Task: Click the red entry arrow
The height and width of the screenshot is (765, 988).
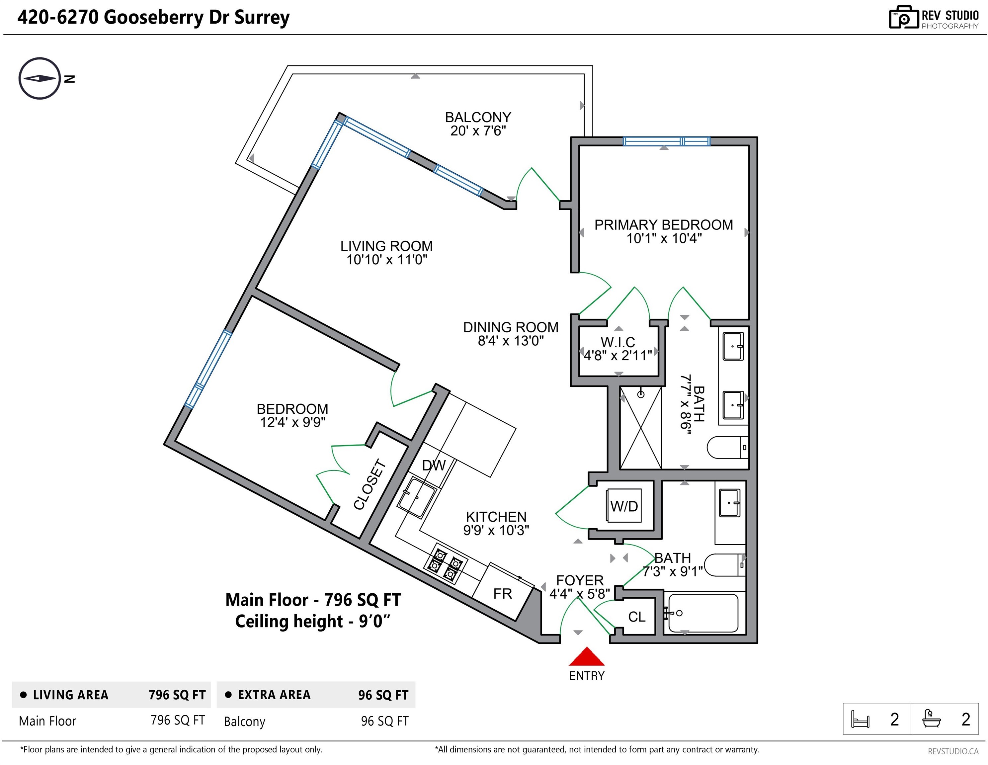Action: click(x=586, y=656)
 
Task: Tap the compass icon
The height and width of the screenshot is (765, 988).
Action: click(x=40, y=78)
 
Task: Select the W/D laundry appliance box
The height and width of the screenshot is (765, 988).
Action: click(x=624, y=506)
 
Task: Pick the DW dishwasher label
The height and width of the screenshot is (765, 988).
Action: click(x=433, y=465)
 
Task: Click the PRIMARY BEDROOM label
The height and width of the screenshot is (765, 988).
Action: click(x=664, y=225)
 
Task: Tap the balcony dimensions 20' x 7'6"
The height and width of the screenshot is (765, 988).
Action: click(x=478, y=131)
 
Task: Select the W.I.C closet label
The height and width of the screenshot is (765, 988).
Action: click(x=618, y=342)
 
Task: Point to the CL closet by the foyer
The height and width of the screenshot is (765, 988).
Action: click(x=636, y=617)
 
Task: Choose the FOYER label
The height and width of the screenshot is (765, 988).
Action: click(x=580, y=580)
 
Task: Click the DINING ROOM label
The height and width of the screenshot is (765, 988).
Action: click(x=511, y=327)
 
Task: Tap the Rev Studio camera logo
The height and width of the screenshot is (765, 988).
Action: click(x=903, y=18)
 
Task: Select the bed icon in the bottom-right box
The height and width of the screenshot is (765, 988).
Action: click(x=860, y=719)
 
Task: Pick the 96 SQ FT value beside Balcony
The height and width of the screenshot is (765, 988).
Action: click(x=384, y=721)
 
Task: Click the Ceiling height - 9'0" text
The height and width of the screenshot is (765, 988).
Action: click(x=313, y=621)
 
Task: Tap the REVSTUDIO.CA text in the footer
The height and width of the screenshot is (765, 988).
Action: click(x=953, y=751)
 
